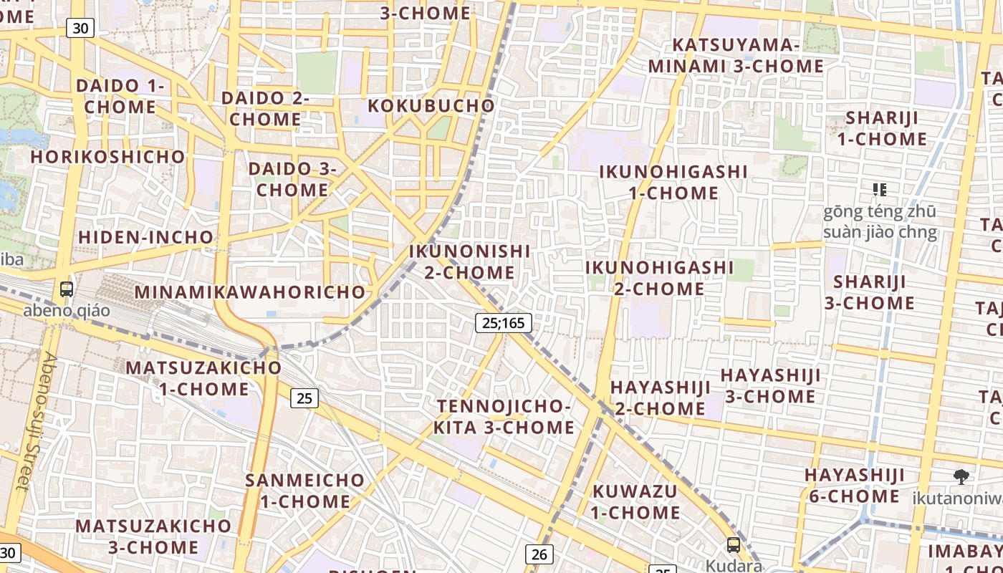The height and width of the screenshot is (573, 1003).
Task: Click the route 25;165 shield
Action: point(504,323)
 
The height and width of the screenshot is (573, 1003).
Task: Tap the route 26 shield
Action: point(539,554)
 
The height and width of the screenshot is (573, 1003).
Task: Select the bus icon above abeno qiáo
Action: point(67,289)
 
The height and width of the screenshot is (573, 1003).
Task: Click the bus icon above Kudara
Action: point(734,544)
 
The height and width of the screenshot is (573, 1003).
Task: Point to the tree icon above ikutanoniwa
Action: point(961,476)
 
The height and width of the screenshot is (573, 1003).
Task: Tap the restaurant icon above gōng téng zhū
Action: point(880,190)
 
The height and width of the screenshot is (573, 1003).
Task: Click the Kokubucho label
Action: point(431,106)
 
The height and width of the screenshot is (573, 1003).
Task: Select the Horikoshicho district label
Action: point(107,156)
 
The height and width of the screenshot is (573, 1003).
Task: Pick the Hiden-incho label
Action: point(145,237)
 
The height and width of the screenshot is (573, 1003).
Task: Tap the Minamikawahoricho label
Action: point(250,292)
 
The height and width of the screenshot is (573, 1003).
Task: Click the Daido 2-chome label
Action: point(265,109)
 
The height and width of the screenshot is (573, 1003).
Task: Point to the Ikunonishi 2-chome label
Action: point(469,262)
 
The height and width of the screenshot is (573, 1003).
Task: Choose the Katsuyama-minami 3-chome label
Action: point(736,56)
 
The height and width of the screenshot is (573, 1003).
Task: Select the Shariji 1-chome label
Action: point(886,128)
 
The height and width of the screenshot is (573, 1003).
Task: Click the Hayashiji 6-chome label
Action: point(854,486)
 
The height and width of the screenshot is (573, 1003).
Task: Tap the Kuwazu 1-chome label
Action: point(635,502)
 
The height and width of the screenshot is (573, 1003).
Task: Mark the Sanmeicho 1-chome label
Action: point(305,491)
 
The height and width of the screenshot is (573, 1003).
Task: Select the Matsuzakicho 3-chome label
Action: point(153,536)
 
